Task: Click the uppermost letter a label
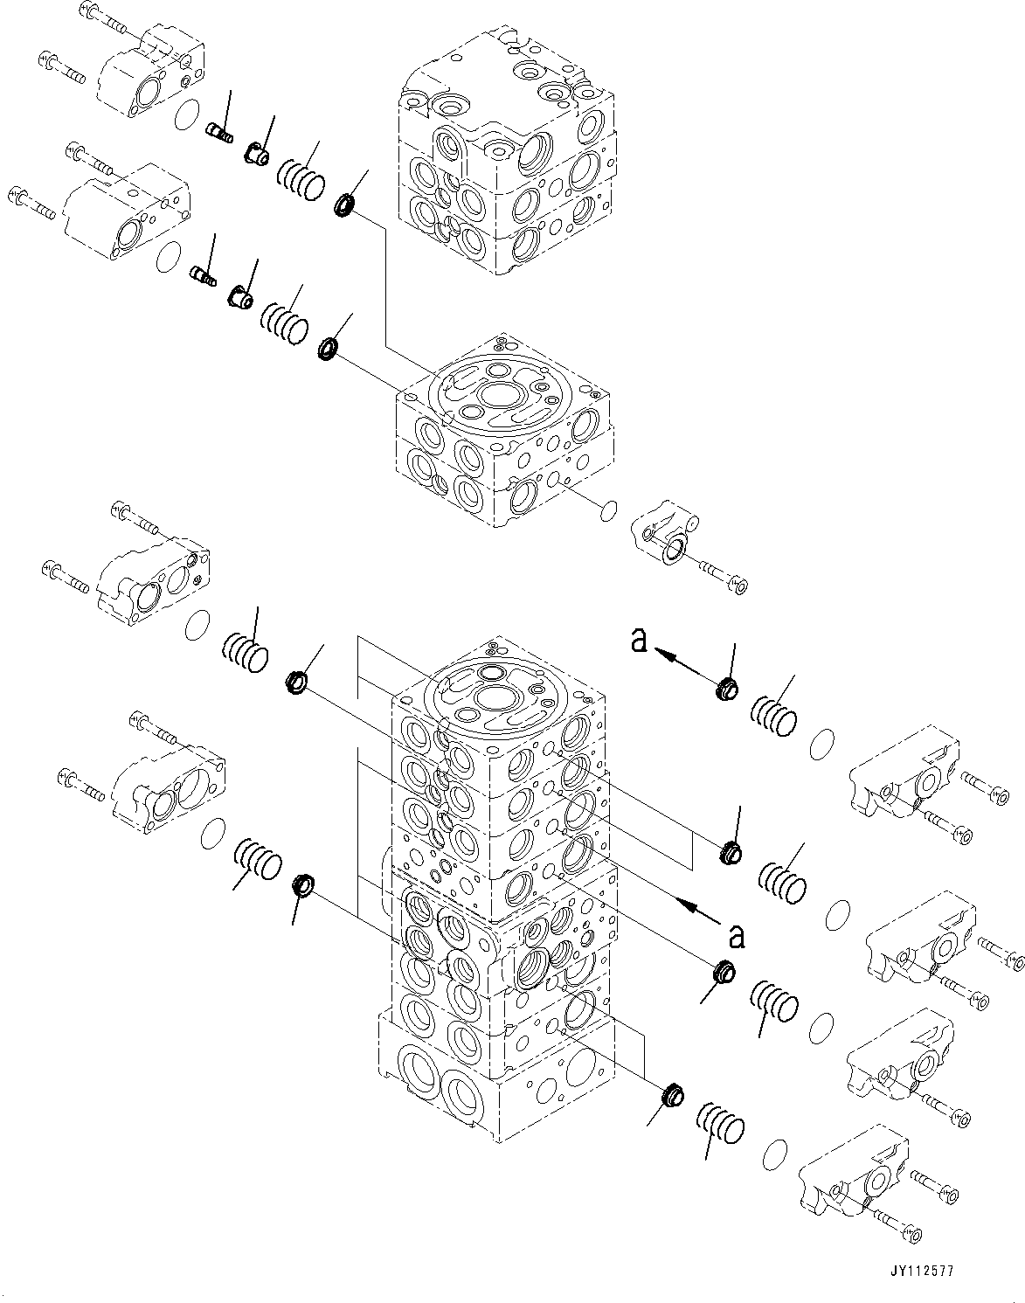point(640,642)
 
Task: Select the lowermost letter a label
point(737,936)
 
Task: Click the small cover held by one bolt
point(665,542)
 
